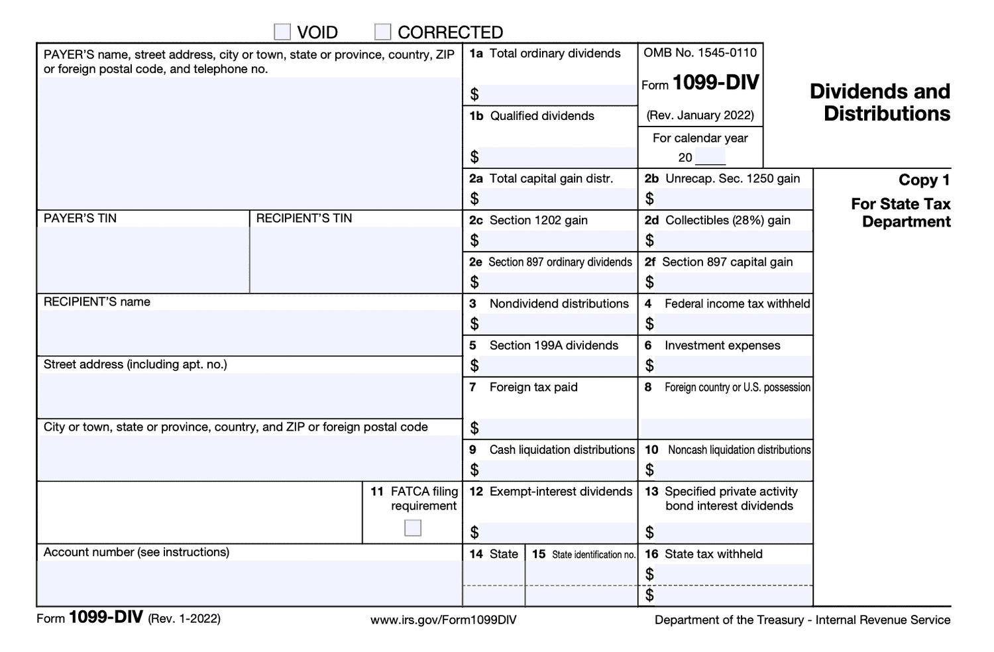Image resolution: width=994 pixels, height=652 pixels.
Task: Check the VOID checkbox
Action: coord(282,32)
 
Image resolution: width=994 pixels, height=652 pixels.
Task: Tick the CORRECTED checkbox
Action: coord(382,32)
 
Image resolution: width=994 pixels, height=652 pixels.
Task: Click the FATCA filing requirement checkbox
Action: coord(413,528)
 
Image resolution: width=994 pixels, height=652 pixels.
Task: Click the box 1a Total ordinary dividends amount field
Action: coord(557,95)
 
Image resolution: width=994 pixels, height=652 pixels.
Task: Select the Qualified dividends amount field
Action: coord(557,157)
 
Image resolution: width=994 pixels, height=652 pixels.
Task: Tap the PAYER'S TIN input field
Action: coord(143,259)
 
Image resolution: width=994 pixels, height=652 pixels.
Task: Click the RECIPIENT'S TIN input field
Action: coord(355,259)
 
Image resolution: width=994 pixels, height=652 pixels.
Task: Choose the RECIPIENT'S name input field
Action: coord(249,332)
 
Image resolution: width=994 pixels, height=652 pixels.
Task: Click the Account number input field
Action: coord(249,582)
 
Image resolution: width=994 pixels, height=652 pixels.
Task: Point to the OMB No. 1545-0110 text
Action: coord(700,53)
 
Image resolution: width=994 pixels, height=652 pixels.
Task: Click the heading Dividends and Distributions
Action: coord(879,103)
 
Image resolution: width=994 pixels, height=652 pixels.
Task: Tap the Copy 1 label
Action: coord(924,180)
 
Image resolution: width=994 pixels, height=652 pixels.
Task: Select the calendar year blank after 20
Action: coord(710,158)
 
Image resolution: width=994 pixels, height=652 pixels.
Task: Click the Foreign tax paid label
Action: coord(533,387)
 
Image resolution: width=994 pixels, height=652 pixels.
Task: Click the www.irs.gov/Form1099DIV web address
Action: coord(443,620)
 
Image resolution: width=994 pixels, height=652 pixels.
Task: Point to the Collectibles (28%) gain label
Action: coord(727,220)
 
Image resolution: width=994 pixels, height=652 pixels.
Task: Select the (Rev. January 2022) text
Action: coord(700,115)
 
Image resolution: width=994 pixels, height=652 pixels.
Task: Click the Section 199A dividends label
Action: coord(553,345)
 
